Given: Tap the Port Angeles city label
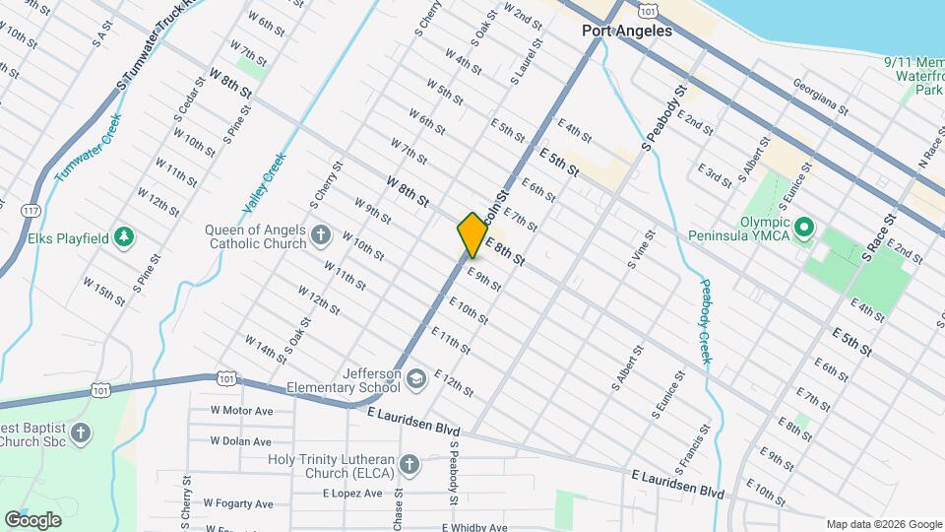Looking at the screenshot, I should pos(626,31).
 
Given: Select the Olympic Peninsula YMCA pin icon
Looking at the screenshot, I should pos(803,229).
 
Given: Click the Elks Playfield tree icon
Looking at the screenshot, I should pos(124,236).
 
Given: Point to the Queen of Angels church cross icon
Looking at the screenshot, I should pos(320,235).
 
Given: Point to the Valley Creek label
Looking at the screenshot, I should pos(264,184).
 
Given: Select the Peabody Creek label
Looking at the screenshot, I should pos(706,321).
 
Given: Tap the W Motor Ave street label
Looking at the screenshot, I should pos(241,411).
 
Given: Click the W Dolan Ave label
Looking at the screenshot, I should pos(241,440).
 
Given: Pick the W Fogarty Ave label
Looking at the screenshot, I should pos(238,503).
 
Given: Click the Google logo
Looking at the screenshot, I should pos(32,519).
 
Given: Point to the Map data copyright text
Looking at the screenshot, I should pos(882,524).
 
